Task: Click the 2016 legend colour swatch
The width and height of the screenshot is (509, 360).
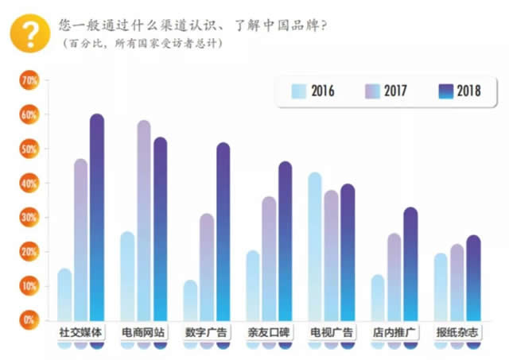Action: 299,91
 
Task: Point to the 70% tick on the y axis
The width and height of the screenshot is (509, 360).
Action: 29,81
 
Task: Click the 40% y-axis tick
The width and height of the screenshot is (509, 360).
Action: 29,184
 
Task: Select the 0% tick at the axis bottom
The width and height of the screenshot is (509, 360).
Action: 29,319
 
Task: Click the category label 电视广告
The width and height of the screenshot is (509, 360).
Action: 332,331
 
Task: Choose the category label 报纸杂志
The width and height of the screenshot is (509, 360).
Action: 457,331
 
